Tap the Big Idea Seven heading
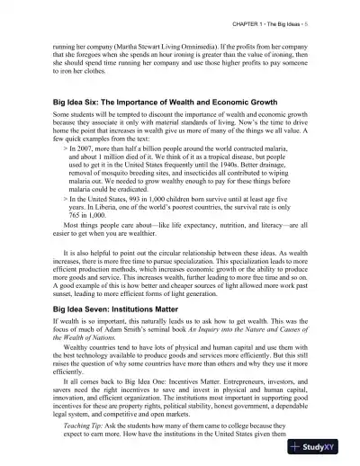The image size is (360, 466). click(117, 307)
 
